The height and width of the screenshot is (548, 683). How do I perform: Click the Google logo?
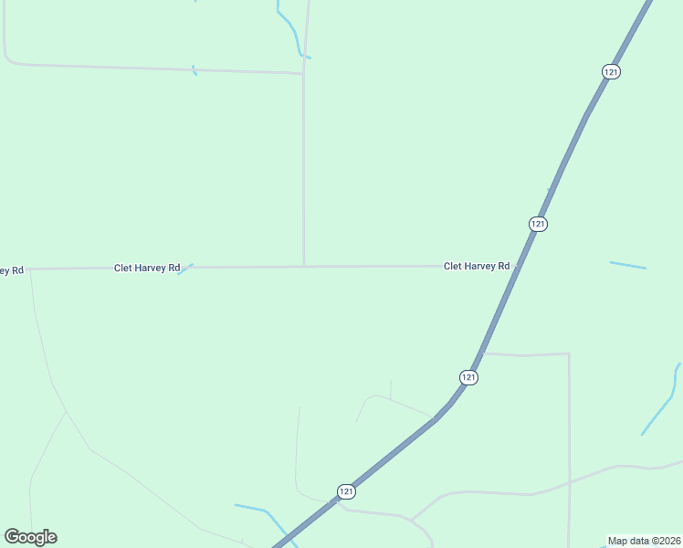[30, 537]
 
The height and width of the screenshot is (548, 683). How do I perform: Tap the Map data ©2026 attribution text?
[645, 541]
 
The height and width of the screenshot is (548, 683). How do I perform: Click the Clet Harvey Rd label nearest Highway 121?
[476, 266]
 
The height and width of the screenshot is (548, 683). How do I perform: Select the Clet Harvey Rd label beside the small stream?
[146, 268]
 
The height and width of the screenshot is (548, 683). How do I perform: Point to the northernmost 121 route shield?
[611, 71]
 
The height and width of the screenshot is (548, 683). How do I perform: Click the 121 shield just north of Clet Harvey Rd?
[538, 224]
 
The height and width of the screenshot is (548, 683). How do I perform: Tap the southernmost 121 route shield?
[345, 491]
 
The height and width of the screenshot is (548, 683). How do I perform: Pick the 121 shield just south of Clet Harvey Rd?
[468, 376]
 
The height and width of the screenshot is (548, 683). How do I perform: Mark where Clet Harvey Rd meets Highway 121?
[518, 266]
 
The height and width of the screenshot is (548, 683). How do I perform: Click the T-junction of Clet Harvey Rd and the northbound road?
[303, 267]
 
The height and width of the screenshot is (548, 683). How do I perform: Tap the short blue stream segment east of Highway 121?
[627, 265]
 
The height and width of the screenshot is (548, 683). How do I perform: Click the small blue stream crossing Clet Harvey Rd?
[185, 269]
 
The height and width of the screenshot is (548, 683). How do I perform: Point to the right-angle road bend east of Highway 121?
[569, 354]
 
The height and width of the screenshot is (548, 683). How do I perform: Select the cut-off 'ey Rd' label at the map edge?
[11, 269]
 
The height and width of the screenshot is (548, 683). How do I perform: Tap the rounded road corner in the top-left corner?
[8, 59]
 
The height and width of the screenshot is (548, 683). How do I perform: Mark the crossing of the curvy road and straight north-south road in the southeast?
[569, 481]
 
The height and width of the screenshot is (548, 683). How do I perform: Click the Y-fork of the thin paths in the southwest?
[66, 412]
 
